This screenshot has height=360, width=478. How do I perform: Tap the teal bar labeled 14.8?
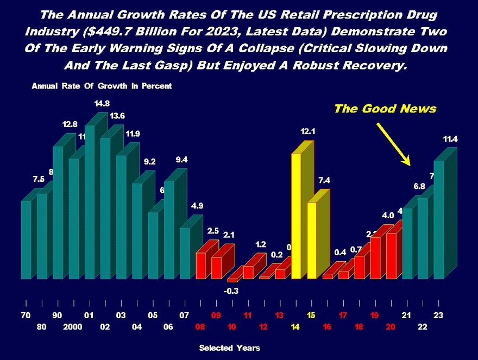[x=89, y=201]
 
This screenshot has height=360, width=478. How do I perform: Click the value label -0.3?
[x=232, y=291]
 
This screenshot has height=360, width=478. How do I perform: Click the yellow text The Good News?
[x=385, y=109]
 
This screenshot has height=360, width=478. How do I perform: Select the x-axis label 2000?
[x=73, y=327]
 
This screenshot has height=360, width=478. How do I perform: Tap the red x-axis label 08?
[x=200, y=327]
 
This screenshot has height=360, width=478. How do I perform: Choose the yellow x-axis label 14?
[x=295, y=327]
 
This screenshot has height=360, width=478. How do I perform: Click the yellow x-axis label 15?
[x=311, y=315]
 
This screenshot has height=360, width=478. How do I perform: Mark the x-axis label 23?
[x=438, y=315]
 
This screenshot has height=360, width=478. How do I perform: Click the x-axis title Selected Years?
[x=229, y=348]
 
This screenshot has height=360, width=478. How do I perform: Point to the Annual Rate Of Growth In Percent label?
[x=102, y=86]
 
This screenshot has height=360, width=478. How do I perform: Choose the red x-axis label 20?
[x=391, y=327]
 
